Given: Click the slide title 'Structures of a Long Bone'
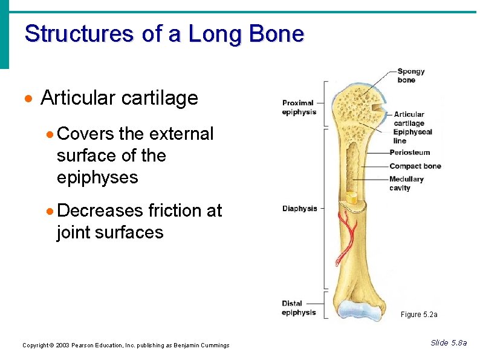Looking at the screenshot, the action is click(164, 33).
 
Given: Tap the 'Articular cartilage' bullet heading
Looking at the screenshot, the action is click(119, 98).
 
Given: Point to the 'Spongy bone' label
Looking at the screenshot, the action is click(410, 76).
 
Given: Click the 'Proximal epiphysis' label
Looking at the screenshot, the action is click(299, 107).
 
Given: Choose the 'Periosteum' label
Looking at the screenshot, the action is click(410, 152).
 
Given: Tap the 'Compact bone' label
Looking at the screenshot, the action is click(415, 166).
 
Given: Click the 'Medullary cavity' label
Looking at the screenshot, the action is click(406, 183).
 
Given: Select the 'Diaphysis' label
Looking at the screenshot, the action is click(299, 209).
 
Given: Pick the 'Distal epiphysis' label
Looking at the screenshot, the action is click(299, 308).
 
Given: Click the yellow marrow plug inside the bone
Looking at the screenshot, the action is click(351, 197).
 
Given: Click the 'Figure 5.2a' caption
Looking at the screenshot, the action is click(418, 315).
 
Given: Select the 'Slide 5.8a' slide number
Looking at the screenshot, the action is click(449, 343).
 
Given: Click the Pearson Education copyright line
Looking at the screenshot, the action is click(126, 345).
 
